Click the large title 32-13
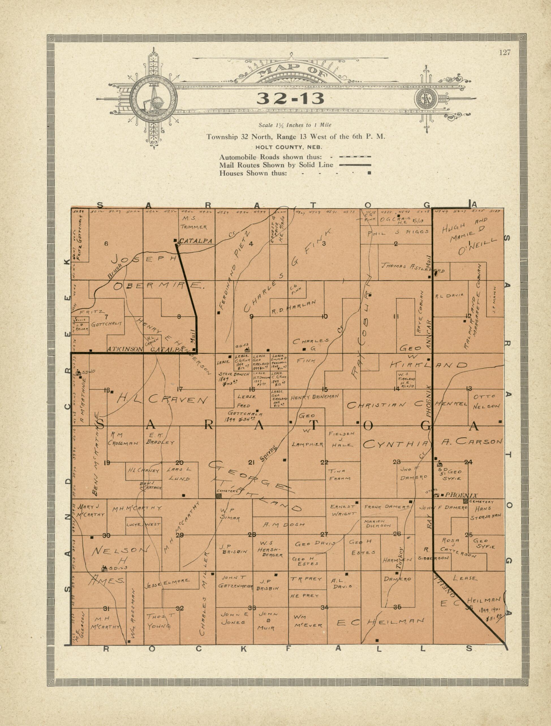[x=290, y=98]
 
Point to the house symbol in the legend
[x=369, y=173]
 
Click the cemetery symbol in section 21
[x=219, y=496]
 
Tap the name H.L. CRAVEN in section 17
[x=162, y=399]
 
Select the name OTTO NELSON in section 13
[x=486, y=401]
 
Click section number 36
[x=469, y=607]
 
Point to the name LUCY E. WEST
[x=143, y=525]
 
